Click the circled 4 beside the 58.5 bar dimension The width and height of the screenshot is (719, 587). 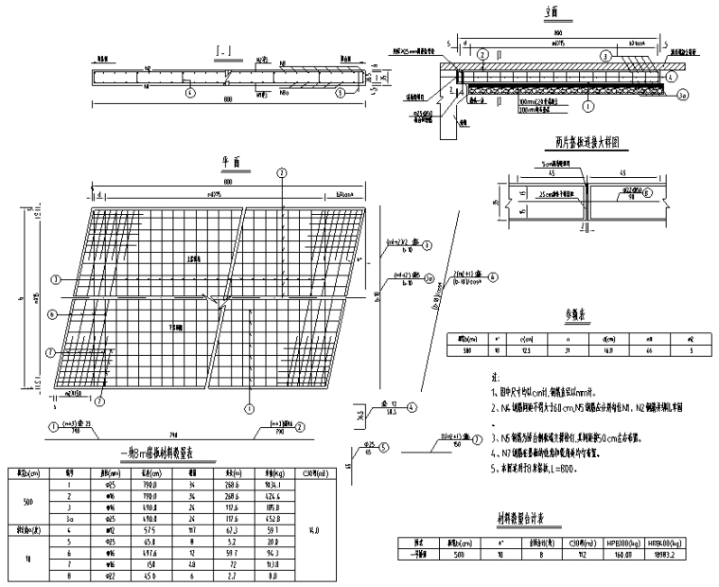[413, 408]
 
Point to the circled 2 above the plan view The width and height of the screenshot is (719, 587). [280, 171]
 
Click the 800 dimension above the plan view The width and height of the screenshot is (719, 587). [227, 182]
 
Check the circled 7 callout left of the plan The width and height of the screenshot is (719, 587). [50, 351]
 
